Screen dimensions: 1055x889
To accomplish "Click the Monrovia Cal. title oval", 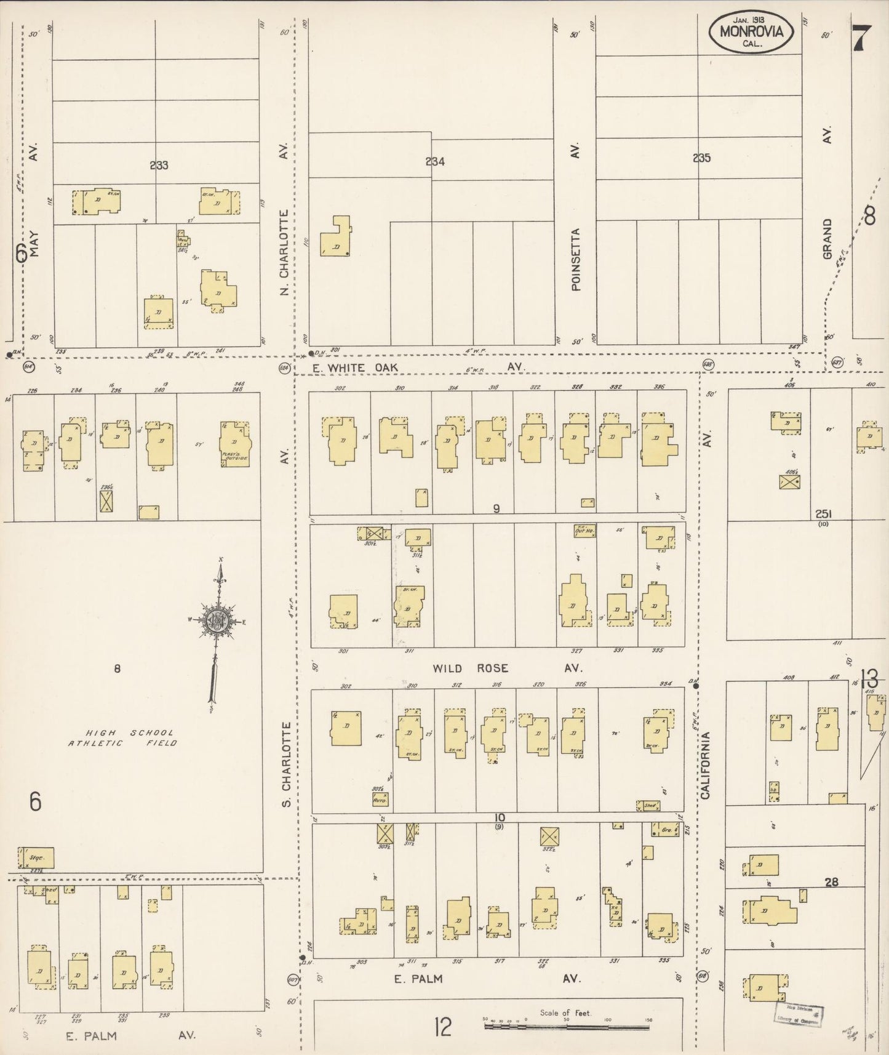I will (x=754, y=31).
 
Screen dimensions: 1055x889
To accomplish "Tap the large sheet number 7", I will (x=859, y=39).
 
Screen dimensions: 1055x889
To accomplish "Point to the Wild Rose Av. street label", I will (x=507, y=668).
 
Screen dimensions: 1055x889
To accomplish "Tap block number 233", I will (x=158, y=165).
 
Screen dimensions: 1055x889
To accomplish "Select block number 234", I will (x=434, y=162).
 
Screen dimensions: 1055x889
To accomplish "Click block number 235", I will (x=701, y=158).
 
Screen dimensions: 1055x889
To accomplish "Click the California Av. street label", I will (x=705, y=764).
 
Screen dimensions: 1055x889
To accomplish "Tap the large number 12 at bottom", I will (x=443, y=1027).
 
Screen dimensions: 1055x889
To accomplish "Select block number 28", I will (x=831, y=882).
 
